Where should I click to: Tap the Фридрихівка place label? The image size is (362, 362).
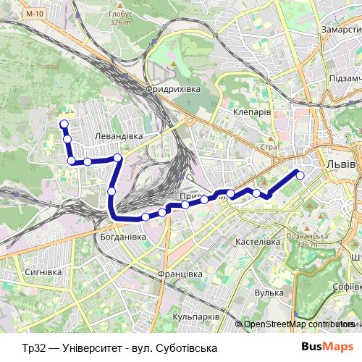tap(172, 88)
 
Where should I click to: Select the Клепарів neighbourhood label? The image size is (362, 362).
tap(252, 114)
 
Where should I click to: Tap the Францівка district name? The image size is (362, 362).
tap(179, 274)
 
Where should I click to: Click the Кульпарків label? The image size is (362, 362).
tap(196, 317)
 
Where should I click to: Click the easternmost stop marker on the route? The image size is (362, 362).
tap(300, 174)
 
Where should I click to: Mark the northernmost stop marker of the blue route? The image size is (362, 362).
tap(64, 124)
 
